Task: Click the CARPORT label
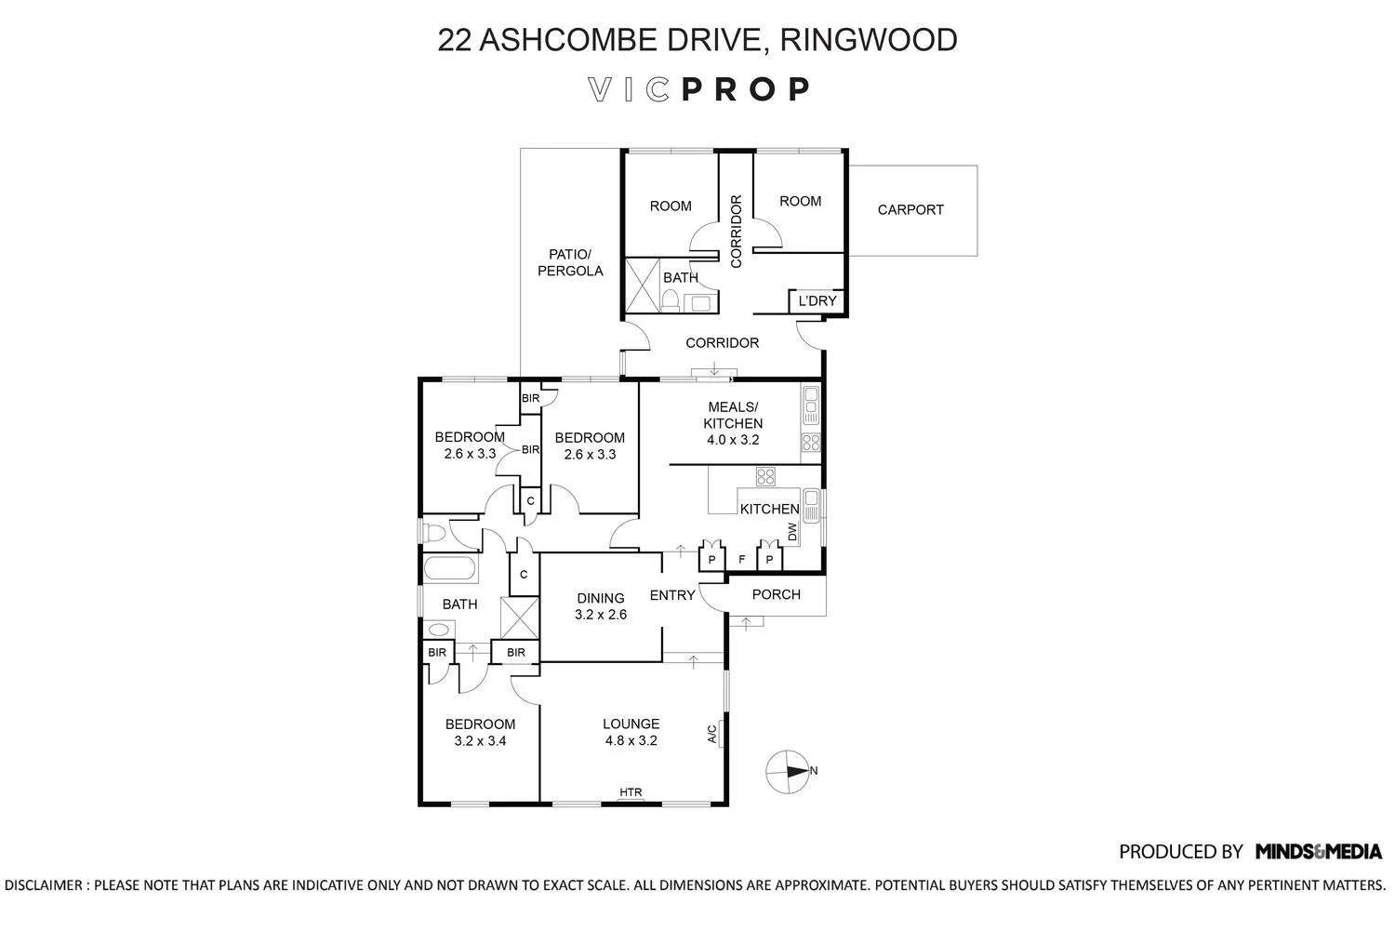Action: pos(910,210)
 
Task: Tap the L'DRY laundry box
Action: pos(817,301)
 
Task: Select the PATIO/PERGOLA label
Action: pos(570,262)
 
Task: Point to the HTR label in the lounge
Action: pos(631,793)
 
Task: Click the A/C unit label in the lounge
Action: pos(712,734)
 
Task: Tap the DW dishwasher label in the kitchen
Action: pos(792,532)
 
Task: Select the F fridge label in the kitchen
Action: pos(741,560)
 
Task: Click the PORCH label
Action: pos(776,594)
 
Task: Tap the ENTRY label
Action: pos(672,595)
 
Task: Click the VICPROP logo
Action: pos(698,89)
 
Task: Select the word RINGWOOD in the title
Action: pos(869,40)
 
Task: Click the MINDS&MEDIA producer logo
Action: pos(1318,851)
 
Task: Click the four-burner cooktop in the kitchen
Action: pos(766,477)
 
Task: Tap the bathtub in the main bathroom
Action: pos(450,569)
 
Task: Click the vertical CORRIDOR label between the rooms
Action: pos(736,232)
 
